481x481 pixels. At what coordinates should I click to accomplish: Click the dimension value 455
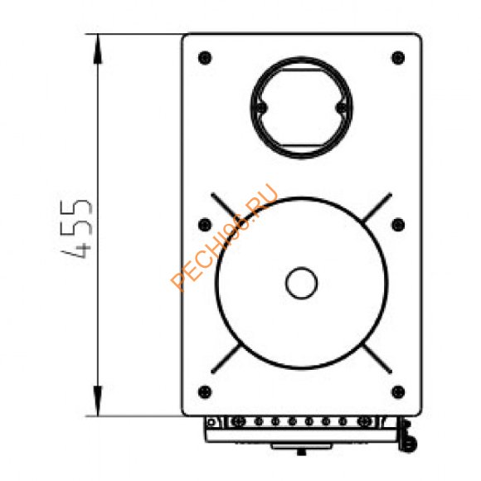click(76, 229)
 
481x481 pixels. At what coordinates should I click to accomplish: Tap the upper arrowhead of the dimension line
click(98, 49)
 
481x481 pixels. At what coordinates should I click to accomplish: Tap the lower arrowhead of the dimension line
click(98, 401)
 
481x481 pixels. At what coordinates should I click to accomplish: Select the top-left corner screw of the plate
click(205, 58)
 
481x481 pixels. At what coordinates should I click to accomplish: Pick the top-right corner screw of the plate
click(398, 58)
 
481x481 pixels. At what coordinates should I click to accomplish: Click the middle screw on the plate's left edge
click(205, 225)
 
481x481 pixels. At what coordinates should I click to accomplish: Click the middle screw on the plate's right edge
click(398, 225)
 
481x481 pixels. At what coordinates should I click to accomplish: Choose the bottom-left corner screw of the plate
click(205, 391)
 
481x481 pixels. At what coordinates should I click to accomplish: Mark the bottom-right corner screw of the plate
click(398, 391)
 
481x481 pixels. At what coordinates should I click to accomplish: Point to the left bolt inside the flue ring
click(261, 108)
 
